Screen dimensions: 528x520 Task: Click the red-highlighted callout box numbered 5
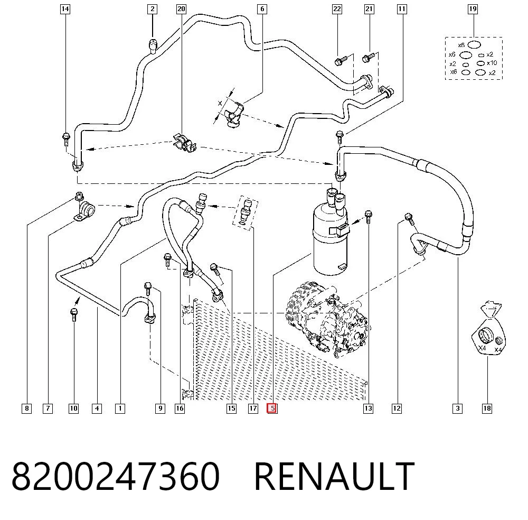tap(272, 408)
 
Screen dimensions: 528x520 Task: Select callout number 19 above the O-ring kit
tap(473, 9)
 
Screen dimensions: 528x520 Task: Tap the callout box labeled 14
tap(65, 9)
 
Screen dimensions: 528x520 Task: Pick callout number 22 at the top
tap(337, 9)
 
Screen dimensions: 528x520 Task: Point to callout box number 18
tap(487, 408)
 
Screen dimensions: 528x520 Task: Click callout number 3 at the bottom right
tap(457, 408)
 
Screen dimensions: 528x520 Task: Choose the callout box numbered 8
tap(26, 408)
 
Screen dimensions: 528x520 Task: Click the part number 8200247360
tap(116, 476)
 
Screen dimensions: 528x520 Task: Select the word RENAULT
tap(334, 476)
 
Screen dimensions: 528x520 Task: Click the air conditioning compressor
tap(327, 320)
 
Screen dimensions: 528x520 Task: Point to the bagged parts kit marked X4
tap(488, 329)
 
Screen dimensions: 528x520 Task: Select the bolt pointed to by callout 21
tap(368, 58)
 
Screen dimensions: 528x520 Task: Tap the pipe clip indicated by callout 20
tap(184, 143)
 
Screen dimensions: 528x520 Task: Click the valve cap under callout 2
tap(153, 46)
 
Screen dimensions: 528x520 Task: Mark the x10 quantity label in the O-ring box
tap(492, 63)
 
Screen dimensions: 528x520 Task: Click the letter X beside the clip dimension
tap(220, 103)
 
